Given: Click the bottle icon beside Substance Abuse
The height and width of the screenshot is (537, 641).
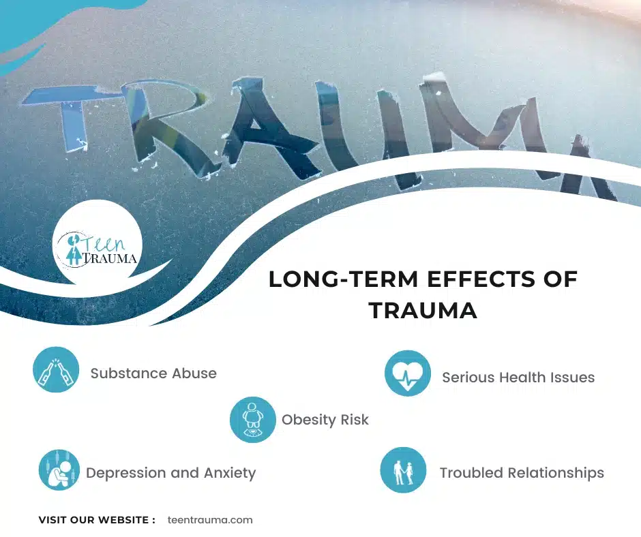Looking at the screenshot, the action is click(56, 369).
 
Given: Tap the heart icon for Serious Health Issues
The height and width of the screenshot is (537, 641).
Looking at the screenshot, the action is click(408, 373).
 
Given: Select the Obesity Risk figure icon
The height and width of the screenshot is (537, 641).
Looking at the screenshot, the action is click(252, 420).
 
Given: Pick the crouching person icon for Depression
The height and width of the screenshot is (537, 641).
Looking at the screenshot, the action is click(59, 470).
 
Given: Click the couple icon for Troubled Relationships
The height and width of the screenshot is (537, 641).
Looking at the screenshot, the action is click(403, 470).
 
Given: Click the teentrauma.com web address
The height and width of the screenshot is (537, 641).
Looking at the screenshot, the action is click(210, 520).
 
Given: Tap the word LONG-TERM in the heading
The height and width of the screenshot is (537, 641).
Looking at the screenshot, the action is click(344, 279).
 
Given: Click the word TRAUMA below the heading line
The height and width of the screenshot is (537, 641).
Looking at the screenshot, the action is click(423, 310).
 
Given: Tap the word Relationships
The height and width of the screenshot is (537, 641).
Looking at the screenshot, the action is click(556, 473).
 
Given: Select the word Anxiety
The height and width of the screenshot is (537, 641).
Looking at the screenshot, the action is click(230, 473).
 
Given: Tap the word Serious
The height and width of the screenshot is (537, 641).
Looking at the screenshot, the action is click(470, 378).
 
